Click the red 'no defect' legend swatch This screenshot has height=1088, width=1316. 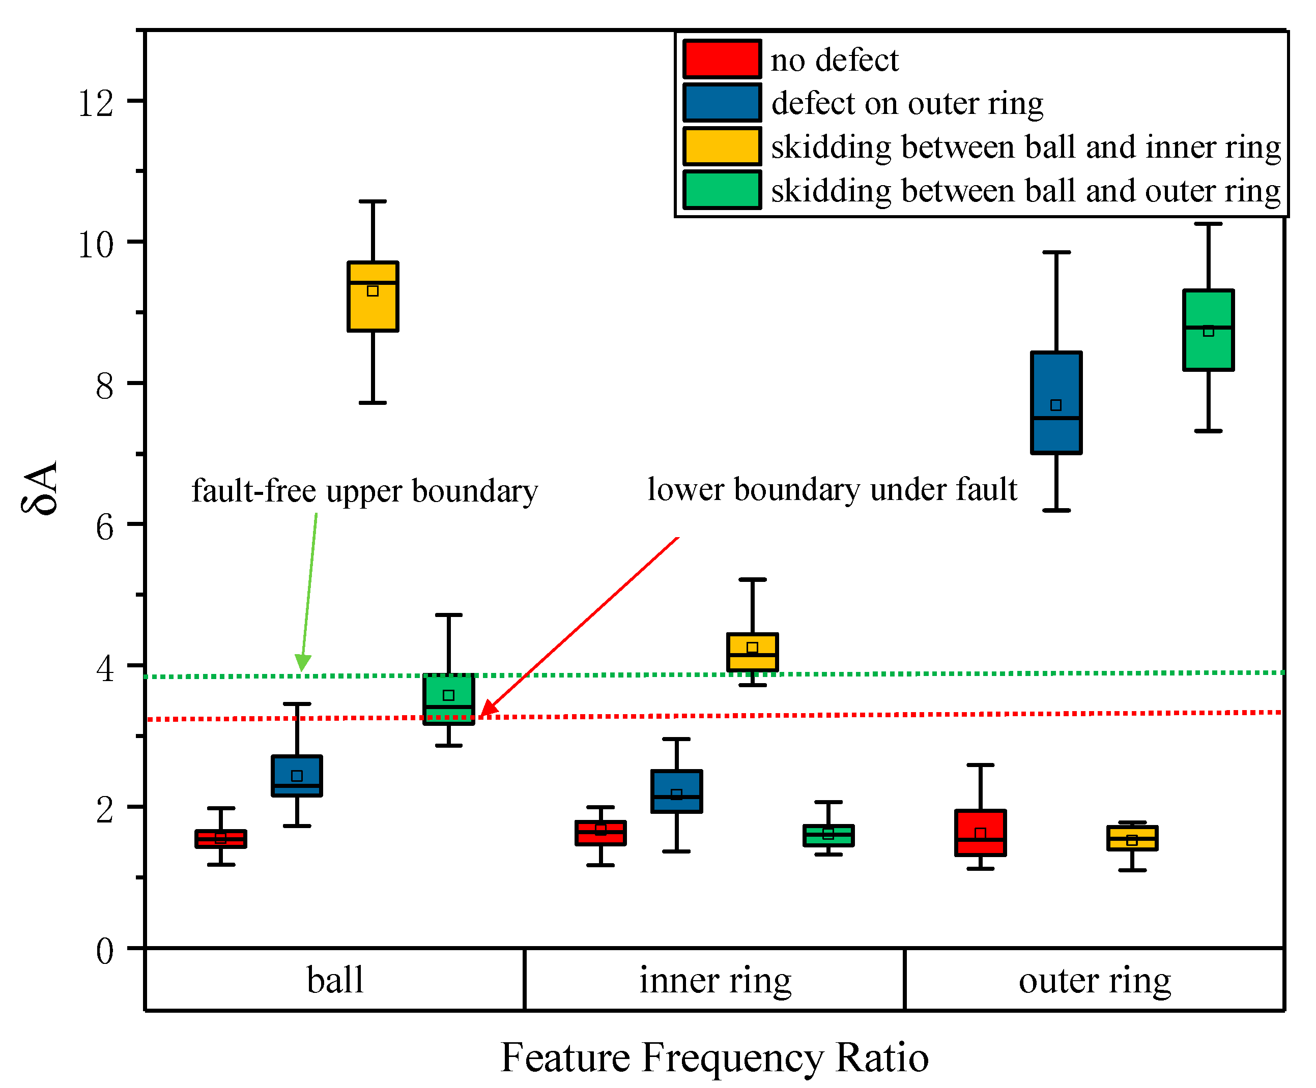pyautogui.click(x=722, y=59)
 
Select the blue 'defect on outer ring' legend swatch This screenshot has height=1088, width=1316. pyautogui.click(x=722, y=103)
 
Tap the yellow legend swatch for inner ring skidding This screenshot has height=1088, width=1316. pyautogui.click(x=722, y=146)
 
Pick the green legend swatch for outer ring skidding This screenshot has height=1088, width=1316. pyautogui.click(x=722, y=190)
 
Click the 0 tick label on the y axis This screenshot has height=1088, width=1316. pyautogui.click(x=105, y=951)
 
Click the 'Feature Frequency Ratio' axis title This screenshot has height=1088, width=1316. pyautogui.click(x=714, y=1058)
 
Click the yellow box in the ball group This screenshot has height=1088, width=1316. pyautogui.click(x=373, y=296)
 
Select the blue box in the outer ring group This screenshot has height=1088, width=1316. pyautogui.click(x=1056, y=403)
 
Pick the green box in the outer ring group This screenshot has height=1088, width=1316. pyautogui.click(x=1208, y=330)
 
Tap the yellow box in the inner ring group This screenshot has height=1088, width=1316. pyautogui.click(x=752, y=652)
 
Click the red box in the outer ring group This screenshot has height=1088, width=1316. pyautogui.click(x=980, y=833)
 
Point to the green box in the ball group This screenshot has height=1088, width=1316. pyautogui.click(x=449, y=699)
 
